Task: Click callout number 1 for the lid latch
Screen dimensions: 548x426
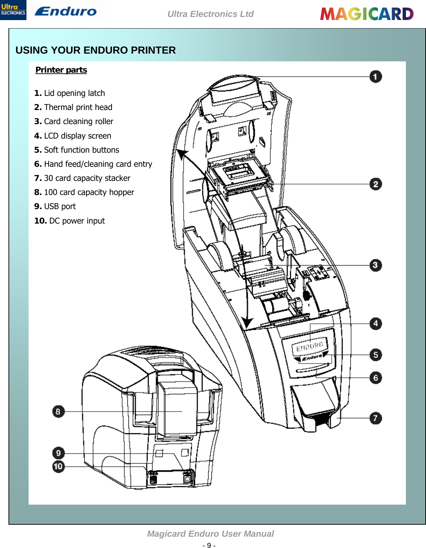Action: coord(376,77)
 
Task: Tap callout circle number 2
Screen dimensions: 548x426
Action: coord(376,184)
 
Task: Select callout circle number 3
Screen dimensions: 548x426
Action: coord(376,265)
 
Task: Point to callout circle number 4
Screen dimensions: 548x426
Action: coord(376,323)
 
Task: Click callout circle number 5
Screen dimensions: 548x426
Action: coord(376,355)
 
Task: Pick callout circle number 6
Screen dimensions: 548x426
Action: coord(376,378)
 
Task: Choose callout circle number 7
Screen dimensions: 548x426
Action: coord(376,418)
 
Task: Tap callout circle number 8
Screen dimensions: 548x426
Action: coord(58,412)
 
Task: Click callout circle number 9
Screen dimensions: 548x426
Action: coord(58,453)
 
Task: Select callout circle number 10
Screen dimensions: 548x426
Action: coord(58,467)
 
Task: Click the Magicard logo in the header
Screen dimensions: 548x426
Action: coord(367,14)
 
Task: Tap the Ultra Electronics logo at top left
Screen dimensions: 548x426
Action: coord(13,10)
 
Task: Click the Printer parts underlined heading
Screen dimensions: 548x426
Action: coord(61,70)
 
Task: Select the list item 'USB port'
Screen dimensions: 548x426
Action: coord(55,206)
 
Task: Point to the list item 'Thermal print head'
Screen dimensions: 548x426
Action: coord(73,107)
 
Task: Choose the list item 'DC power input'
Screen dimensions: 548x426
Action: coord(70,221)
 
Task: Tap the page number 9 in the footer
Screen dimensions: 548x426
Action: coord(209,545)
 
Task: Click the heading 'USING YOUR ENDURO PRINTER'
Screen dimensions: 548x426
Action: coord(96,50)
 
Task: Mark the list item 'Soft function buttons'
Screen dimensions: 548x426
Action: coord(77,150)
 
